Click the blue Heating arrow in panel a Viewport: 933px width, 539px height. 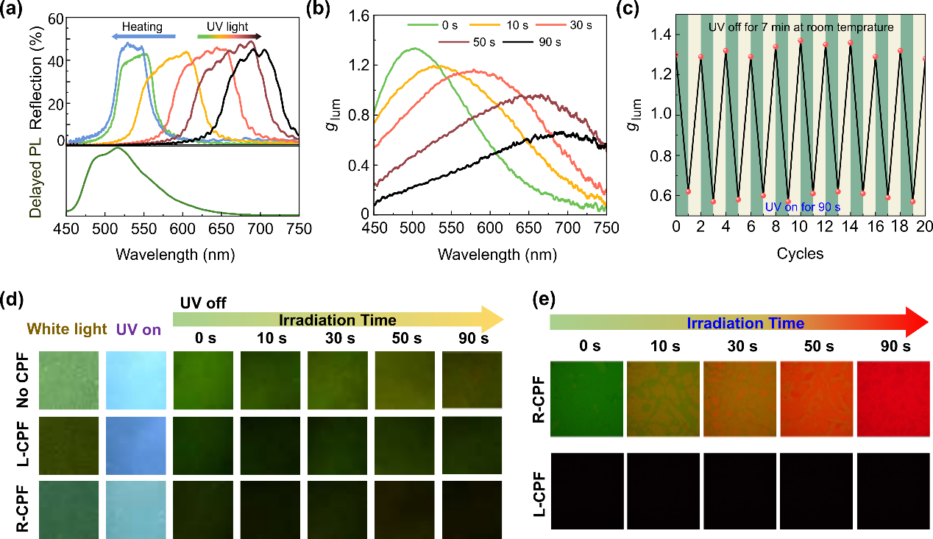143,35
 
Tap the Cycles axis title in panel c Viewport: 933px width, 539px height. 800,254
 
